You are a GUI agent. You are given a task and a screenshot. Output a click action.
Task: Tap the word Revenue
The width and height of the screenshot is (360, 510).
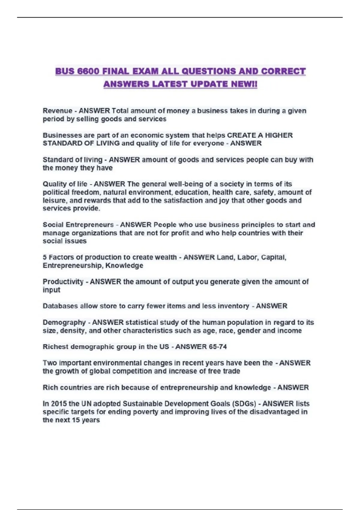point(57,111)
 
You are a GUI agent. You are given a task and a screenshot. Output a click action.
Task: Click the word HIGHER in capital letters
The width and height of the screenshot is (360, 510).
point(279,135)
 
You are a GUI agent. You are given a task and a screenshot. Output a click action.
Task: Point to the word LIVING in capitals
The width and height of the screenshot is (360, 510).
point(108,143)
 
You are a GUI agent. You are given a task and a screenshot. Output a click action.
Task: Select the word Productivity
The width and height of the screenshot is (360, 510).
point(63,282)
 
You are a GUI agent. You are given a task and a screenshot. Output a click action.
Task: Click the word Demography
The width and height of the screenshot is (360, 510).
point(64,322)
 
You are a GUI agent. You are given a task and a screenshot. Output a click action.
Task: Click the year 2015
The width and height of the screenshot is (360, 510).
point(59,404)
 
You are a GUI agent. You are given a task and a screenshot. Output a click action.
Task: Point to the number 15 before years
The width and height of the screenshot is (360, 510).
point(76,420)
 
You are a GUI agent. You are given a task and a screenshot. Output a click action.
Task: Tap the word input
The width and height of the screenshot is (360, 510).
point(51,290)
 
